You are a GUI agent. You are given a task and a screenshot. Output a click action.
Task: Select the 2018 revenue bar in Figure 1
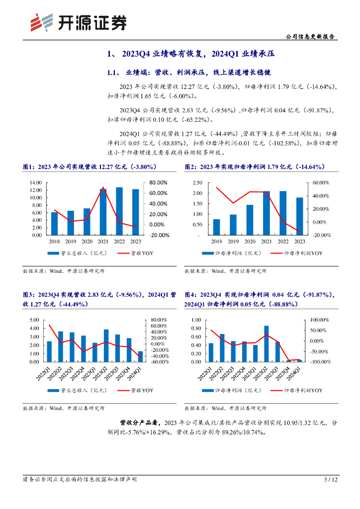point(55,224)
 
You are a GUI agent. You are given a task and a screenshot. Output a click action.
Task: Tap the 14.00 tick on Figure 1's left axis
point(35,183)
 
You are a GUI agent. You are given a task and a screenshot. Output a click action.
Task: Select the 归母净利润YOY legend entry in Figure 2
point(298,253)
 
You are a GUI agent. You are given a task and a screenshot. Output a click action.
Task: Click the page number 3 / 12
point(331,480)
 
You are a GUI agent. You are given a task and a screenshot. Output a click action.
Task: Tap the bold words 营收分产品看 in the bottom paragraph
point(140,423)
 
